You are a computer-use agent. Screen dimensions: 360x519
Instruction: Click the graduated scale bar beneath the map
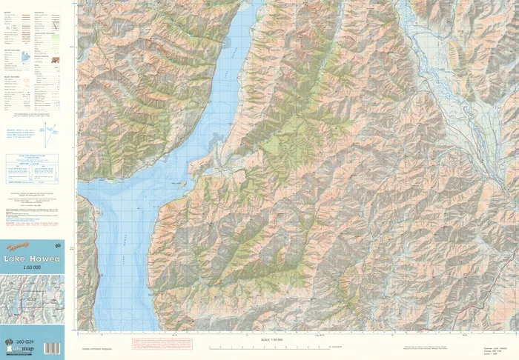274,347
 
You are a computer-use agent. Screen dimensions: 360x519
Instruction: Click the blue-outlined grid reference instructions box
33,169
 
